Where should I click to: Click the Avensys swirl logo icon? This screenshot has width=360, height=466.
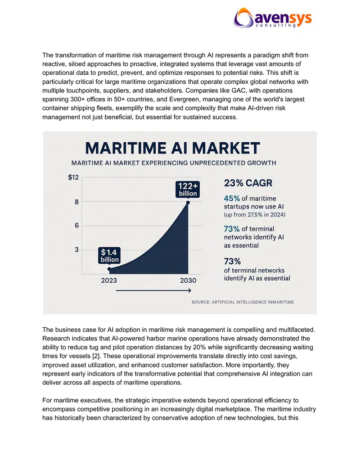click(243, 18)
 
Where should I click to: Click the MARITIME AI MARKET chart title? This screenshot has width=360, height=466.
click(172, 148)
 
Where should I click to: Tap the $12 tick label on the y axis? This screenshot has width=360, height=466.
click(73, 177)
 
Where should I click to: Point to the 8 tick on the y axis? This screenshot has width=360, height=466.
click(76, 202)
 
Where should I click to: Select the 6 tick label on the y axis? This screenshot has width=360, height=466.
click(76, 226)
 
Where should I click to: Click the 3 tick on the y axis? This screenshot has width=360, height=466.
click(76, 249)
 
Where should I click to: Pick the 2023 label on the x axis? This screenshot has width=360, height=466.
click(109, 280)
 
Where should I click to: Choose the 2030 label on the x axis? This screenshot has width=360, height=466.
click(188, 280)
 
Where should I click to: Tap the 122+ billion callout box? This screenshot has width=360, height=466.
click(188, 189)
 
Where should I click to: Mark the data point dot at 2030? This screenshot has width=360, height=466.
click(188, 203)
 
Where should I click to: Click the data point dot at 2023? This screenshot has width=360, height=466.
click(109, 269)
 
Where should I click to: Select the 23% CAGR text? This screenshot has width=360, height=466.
click(248, 183)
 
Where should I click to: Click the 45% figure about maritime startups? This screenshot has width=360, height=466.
click(232, 198)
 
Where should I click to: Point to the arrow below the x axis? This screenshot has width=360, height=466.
click(153, 290)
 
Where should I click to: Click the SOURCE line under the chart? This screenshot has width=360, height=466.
click(243, 302)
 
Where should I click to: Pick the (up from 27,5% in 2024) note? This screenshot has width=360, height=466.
click(255, 215)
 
